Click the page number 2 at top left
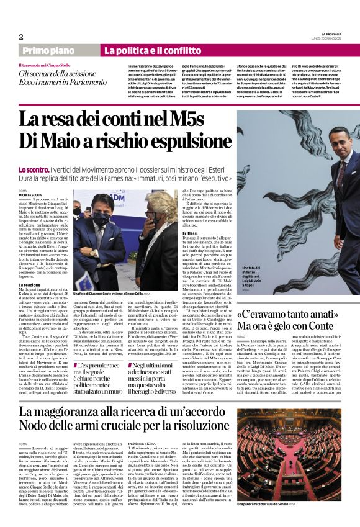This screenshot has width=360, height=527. [20, 37]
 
